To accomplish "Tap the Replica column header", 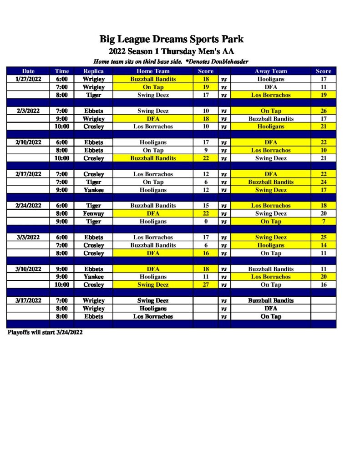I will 93,71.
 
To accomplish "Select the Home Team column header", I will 153,71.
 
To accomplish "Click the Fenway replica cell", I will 93,213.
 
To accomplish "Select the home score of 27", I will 206,285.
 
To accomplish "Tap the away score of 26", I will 324,111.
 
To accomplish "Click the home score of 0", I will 206,222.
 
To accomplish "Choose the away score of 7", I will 324,222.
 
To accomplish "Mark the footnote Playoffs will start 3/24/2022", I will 45,332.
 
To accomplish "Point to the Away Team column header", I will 271,71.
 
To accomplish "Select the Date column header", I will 28,71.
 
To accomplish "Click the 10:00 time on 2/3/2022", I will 62,127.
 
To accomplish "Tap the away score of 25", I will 324,237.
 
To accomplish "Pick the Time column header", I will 62,71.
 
